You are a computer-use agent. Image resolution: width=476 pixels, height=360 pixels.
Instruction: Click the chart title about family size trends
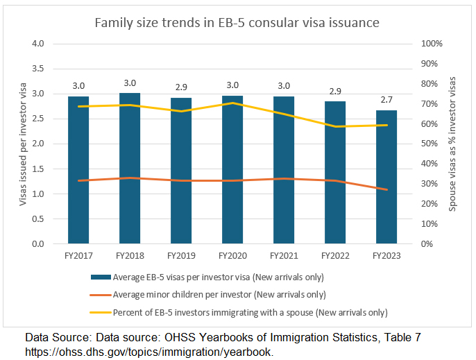pyautogui.click(x=237, y=22)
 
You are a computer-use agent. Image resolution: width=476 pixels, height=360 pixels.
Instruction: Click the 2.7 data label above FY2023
pyautogui.click(x=386, y=101)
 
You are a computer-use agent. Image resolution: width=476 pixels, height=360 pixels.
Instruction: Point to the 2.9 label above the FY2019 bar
pyautogui.click(x=181, y=88)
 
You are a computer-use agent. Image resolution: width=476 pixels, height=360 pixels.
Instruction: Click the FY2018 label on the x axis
pyautogui.click(x=130, y=255)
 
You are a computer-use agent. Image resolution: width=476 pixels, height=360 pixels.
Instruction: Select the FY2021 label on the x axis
pyautogui.click(x=284, y=255)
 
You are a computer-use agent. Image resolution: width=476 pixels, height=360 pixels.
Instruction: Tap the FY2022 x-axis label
pyautogui.click(x=335, y=255)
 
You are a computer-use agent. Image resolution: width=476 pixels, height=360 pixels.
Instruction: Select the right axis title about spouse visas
pyautogui.click(x=454, y=144)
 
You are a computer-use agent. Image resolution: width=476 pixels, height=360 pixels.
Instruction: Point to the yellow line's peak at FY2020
pyautogui.click(x=232, y=103)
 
